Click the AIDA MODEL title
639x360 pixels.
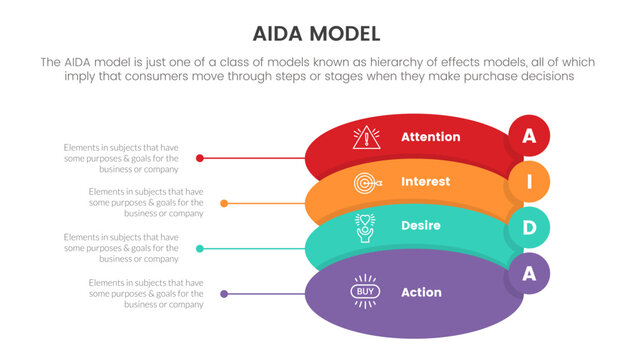(x=319, y=32)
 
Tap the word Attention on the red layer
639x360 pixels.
(x=430, y=136)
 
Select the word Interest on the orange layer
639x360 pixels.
(x=425, y=182)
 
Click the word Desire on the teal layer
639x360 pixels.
(x=421, y=226)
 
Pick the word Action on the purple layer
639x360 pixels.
(x=421, y=292)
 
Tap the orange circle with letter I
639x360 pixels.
(x=528, y=183)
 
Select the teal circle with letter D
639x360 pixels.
(x=528, y=228)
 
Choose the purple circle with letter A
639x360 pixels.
(x=528, y=272)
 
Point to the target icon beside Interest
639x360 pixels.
(x=367, y=183)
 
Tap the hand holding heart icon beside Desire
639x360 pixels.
(x=366, y=227)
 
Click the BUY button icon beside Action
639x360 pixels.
(x=365, y=292)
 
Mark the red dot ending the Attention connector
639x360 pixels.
(x=201, y=158)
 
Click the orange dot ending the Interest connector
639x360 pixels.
(x=224, y=203)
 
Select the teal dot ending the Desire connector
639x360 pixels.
(x=201, y=248)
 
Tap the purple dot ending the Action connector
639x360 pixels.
(x=224, y=293)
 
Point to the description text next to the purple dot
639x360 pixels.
(x=145, y=293)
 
